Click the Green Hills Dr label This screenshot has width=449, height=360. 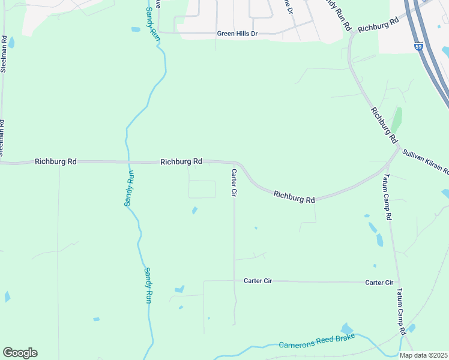[237, 34]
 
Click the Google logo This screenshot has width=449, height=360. [20, 353]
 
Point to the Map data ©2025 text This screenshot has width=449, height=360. [423, 355]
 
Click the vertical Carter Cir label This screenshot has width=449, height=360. [234, 183]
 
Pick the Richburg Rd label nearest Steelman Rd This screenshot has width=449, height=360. [56, 161]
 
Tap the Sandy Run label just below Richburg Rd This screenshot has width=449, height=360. [128, 189]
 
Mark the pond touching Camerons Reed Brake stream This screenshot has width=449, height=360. [346, 329]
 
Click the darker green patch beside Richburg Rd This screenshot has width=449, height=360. [397, 120]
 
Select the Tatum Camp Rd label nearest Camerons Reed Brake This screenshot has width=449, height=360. [401, 312]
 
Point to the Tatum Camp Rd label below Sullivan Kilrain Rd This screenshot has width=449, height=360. [387, 198]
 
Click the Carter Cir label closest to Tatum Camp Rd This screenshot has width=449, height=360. [379, 282]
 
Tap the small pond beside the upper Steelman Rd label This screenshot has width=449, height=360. [11, 43]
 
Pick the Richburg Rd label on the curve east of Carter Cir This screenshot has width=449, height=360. [294, 196]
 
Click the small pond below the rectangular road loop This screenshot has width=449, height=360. [194, 210]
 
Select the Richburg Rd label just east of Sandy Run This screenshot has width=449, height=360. [181, 162]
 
